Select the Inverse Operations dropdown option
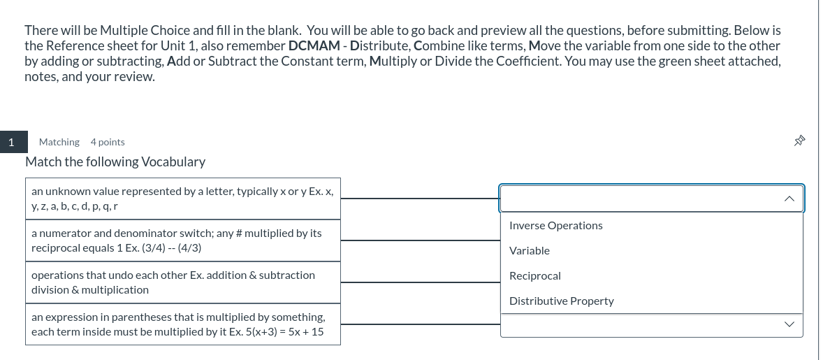(x=555, y=226)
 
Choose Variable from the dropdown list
(x=530, y=251)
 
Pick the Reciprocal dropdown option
(x=535, y=276)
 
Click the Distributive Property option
(x=562, y=301)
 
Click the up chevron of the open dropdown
(x=789, y=199)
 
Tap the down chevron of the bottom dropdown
(x=789, y=324)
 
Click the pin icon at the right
(x=799, y=142)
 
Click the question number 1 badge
(x=11, y=142)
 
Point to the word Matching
(x=59, y=142)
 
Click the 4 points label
(x=108, y=142)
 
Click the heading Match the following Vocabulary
(x=115, y=162)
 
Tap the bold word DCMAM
(x=309, y=46)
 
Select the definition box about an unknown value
(x=183, y=198)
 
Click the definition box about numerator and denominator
(x=183, y=240)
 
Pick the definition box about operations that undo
(x=183, y=282)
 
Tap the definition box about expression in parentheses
(x=183, y=324)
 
